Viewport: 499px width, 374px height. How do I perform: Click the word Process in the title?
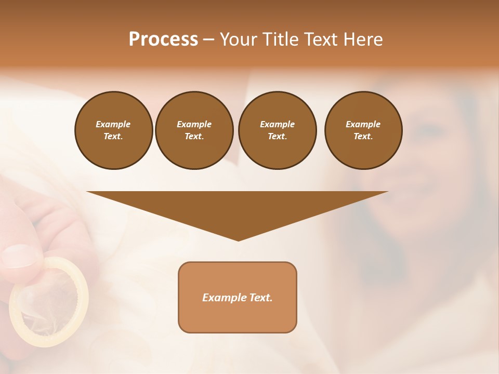163,39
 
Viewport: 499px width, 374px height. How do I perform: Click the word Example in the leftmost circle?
113,124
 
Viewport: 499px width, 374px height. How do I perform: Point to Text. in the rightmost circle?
363,136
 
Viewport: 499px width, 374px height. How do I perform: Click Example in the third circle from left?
277,124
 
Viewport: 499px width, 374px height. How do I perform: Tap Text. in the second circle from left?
194,136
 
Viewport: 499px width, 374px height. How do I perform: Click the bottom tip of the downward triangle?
238,239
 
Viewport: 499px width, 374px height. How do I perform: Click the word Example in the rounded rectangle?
224,298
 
